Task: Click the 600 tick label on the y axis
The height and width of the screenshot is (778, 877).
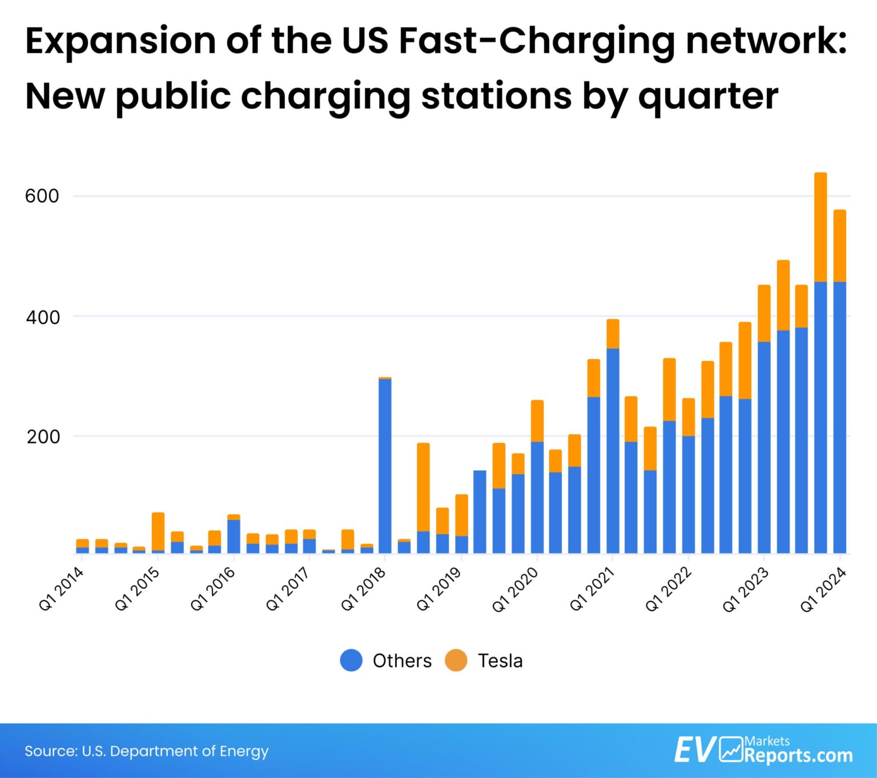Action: (x=42, y=196)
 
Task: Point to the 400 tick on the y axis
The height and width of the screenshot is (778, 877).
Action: (x=42, y=317)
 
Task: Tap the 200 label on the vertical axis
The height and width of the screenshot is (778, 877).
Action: (x=43, y=437)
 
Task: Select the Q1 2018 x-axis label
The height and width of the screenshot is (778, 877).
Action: (x=364, y=589)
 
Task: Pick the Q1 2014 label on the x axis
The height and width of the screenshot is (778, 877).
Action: (x=61, y=590)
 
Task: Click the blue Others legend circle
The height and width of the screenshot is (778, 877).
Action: (x=351, y=660)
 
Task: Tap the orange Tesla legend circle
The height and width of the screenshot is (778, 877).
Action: (x=456, y=660)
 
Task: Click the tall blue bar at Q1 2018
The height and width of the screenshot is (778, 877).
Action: (x=385, y=466)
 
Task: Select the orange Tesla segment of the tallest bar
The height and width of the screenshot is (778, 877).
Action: (x=820, y=227)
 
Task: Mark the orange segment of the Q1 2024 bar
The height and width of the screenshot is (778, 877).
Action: (x=839, y=246)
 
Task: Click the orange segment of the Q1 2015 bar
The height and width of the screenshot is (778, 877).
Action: (x=158, y=531)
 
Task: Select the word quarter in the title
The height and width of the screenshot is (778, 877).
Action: (x=708, y=95)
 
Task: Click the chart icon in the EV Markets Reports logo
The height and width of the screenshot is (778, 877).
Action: (x=731, y=749)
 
